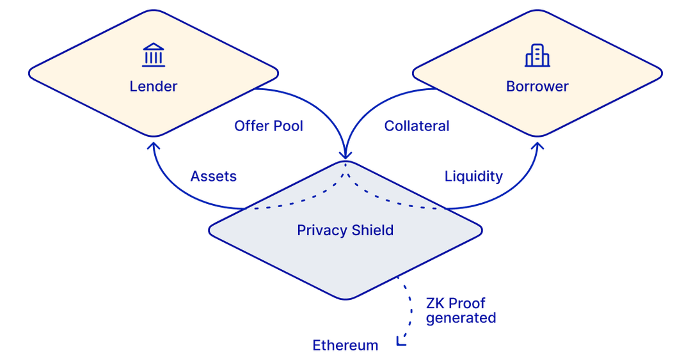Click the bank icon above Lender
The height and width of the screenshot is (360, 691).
153,56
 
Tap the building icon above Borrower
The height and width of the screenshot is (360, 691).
537,56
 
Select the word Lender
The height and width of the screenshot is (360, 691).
153,86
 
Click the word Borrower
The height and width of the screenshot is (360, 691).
537,86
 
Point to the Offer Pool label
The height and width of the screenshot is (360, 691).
268,125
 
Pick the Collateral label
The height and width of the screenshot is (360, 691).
417,125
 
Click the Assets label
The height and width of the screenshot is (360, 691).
214,176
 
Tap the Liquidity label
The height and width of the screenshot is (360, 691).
473,176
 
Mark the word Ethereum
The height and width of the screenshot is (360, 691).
345,345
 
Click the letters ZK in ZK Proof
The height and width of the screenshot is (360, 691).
435,302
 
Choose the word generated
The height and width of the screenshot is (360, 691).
461,317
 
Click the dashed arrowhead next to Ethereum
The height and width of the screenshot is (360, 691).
401,341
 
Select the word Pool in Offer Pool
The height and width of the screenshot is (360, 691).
287,125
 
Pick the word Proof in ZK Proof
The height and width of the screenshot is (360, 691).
466,302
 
